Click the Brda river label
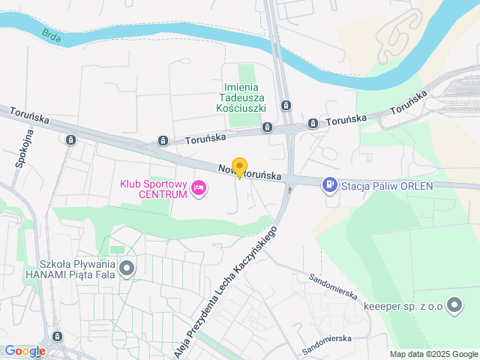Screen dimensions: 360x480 point(51,34)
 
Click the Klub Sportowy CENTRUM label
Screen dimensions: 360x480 point(154,187)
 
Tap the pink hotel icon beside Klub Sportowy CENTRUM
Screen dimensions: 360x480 point(199,187)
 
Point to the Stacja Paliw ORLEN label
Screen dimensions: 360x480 point(388,185)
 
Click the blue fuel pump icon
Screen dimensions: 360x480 point(329,184)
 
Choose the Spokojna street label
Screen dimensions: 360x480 point(20,149)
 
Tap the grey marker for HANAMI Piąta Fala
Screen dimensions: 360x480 point(127,268)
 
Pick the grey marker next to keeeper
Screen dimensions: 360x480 point(454,305)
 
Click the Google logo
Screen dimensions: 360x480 point(25,351)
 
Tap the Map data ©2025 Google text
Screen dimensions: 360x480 point(433,354)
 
